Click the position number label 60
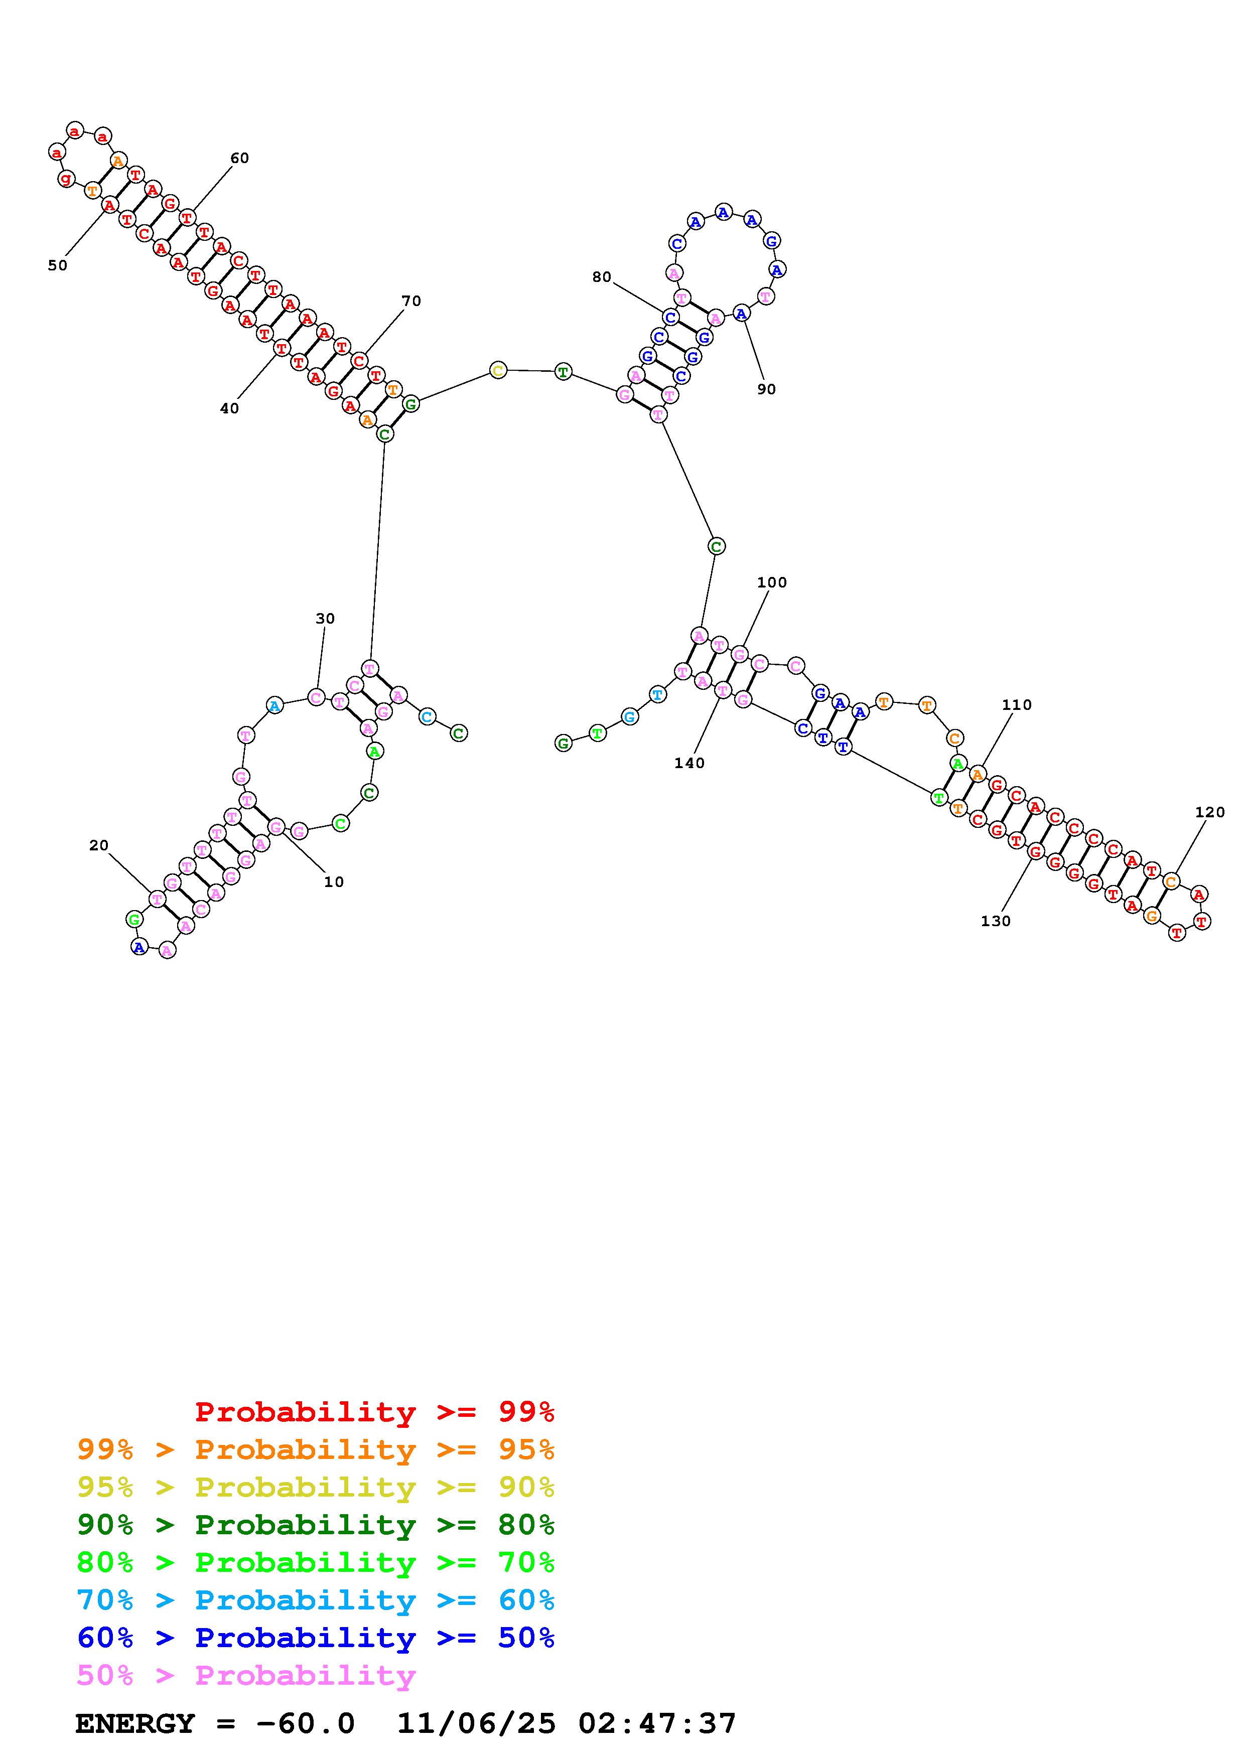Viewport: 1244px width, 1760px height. tap(239, 159)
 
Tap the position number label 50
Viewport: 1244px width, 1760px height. tap(58, 266)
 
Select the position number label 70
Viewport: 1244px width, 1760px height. tap(411, 301)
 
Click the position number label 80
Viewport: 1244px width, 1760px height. tap(602, 277)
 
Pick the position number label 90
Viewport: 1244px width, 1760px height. tap(766, 389)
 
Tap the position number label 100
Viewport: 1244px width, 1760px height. tap(772, 582)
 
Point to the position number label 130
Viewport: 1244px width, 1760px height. tap(996, 922)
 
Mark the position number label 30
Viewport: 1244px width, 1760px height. tap(325, 619)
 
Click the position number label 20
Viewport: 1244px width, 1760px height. tap(99, 845)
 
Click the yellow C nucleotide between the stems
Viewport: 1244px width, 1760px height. tap(498, 371)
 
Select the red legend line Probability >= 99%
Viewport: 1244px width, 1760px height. tap(375, 1411)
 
